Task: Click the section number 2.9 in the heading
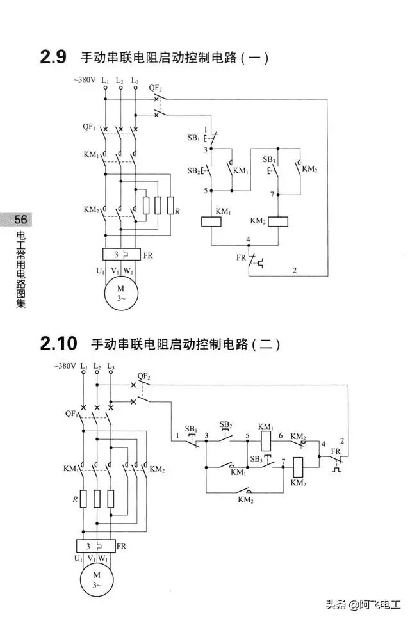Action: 53,57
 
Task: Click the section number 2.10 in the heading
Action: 58,343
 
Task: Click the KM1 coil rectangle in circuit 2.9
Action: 211,221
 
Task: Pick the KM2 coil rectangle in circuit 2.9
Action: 279,221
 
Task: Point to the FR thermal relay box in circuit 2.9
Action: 122,254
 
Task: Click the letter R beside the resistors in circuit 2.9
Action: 177,211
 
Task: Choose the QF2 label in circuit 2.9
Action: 155,87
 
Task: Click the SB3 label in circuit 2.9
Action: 269,158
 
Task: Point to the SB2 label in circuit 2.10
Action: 225,424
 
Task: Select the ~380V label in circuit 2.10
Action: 66,367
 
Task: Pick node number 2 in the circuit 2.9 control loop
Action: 294,270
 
